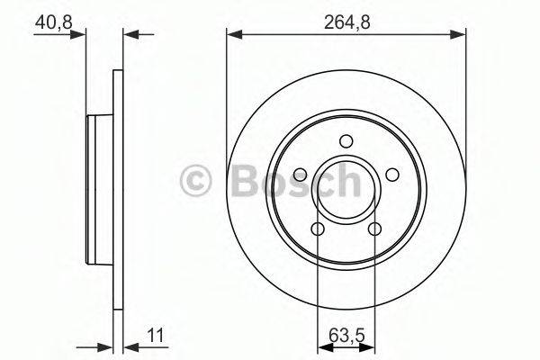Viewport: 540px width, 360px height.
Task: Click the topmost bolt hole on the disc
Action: pyautogui.click(x=346, y=140)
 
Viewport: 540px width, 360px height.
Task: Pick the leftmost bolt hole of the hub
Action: pyautogui.click(x=300, y=175)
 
